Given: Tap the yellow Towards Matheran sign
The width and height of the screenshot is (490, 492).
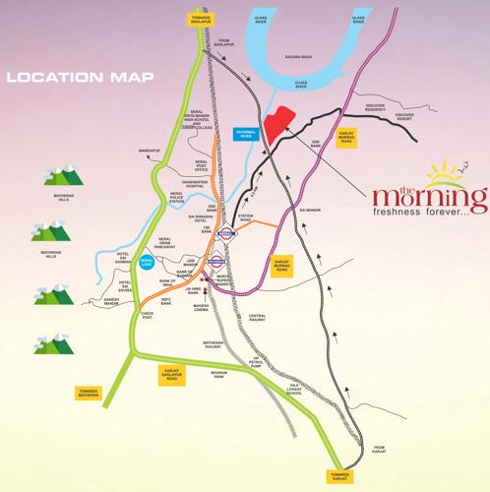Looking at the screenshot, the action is [89, 392].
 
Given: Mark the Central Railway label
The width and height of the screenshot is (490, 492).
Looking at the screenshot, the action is [257, 318].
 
